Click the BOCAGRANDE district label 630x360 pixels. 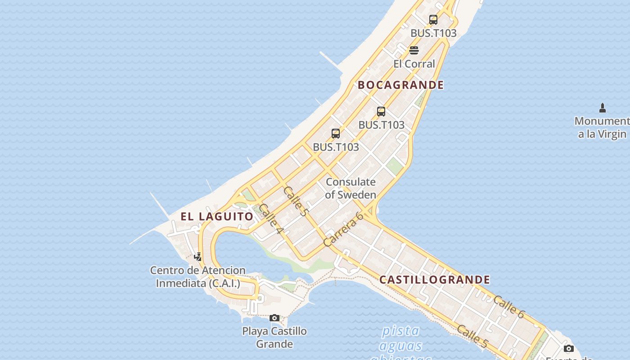[x=400, y=85]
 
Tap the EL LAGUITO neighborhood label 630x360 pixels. [x=217, y=216]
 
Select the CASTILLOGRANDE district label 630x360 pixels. [x=435, y=280]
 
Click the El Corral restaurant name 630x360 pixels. [x=414, y=64]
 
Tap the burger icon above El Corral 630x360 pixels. [x=414, y=50]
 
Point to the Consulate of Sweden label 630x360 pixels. [x=351, y=189]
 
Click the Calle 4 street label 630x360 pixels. [x=271, y=220]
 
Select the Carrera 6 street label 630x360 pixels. [x=343, y=229]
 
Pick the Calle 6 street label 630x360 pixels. [x=508, y=307]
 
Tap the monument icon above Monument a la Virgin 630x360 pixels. [x=603, y=108]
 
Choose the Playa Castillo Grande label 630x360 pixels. [x=274, y=337]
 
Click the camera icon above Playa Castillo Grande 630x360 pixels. [x=274, y=318]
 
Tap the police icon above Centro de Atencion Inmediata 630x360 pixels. [x=198, y=257]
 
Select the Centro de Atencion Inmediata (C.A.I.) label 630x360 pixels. [x=198, y=277]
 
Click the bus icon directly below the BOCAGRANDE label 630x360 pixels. [x=381, y=112]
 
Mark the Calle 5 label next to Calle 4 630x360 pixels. [x=296, y=201]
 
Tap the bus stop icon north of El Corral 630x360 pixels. [x=433, y=20]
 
